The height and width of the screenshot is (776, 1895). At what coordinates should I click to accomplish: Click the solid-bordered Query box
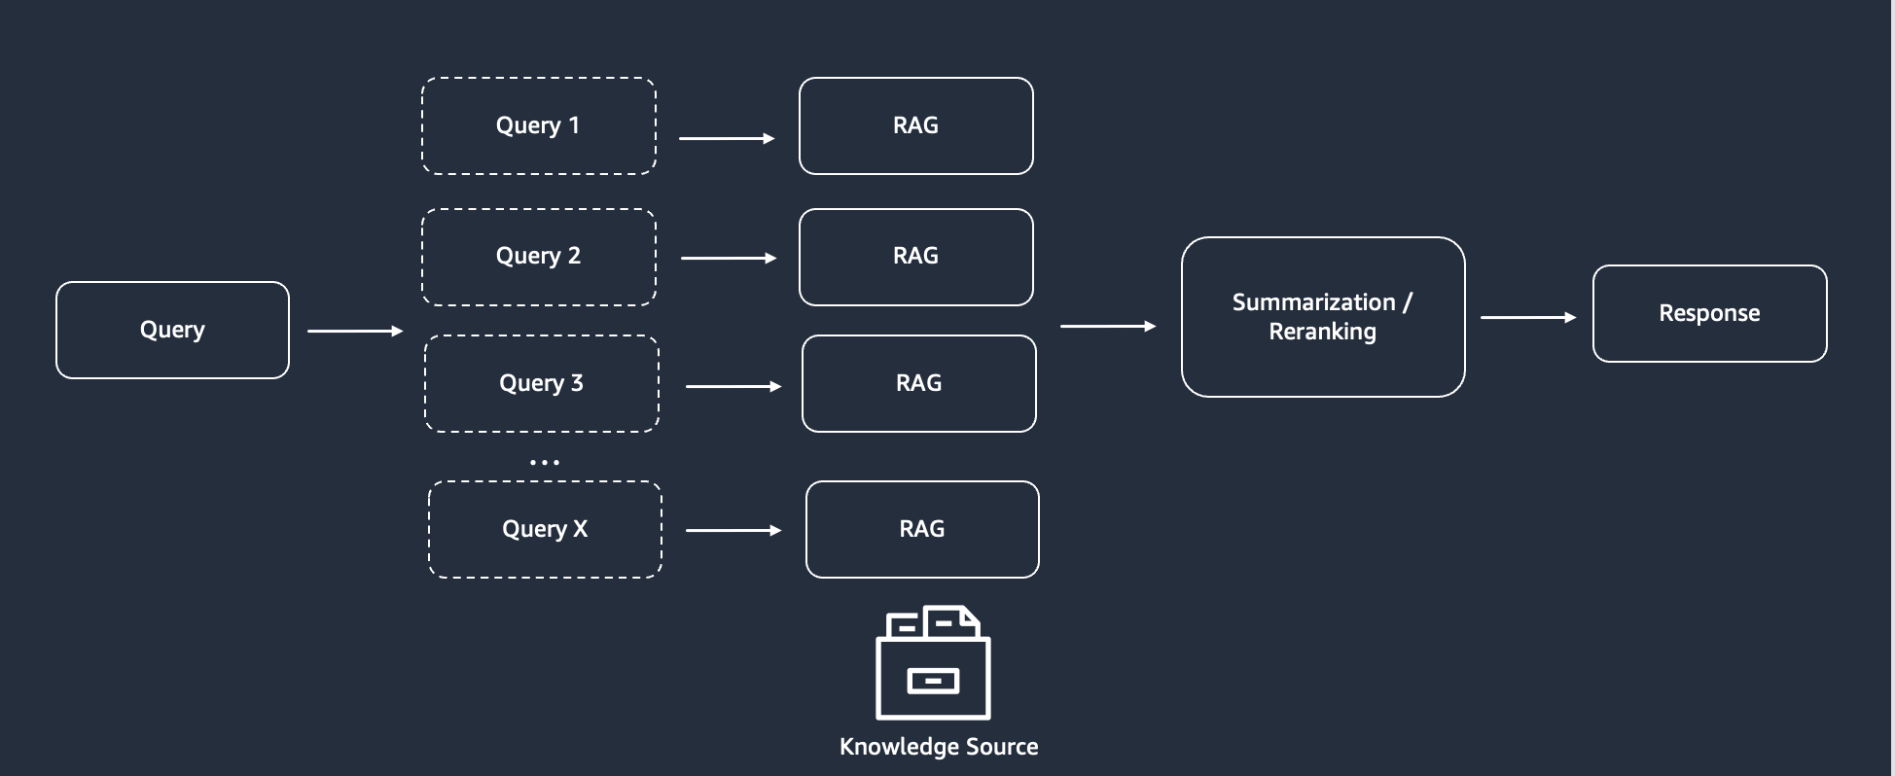(172, 330)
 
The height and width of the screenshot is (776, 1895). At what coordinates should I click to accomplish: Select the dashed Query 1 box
(538, 125)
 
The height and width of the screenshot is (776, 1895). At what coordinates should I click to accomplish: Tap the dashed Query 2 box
(538, 257)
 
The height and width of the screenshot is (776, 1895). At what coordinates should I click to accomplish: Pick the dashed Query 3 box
(541, 383)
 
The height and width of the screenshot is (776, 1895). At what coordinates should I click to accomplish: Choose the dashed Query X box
(545, 529)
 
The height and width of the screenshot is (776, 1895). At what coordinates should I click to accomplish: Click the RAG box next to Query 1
(915, 125)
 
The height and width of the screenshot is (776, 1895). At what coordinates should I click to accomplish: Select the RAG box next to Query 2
(915, 257)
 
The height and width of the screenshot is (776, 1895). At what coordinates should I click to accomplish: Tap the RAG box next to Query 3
(918, 383)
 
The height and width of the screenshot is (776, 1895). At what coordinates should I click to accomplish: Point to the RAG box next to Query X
(921, 529)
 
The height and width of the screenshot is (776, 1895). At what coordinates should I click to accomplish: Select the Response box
(1709, 313)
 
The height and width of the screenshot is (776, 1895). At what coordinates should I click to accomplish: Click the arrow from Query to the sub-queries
(355, 332)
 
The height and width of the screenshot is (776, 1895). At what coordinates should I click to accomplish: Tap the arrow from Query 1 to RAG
(727, 139)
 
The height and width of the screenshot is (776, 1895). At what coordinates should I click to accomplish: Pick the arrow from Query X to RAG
(733, 530)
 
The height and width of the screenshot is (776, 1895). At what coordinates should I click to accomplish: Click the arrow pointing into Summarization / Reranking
(1108, 326)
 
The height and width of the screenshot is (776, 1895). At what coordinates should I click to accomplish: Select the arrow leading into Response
(1528, 317)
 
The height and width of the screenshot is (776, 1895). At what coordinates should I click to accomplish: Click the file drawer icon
(932, 663)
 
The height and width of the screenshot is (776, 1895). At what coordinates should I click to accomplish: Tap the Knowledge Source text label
(939, 747)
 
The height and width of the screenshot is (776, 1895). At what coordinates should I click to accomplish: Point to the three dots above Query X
(544, 462)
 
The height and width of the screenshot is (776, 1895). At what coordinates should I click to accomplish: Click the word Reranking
(1322, 332)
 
